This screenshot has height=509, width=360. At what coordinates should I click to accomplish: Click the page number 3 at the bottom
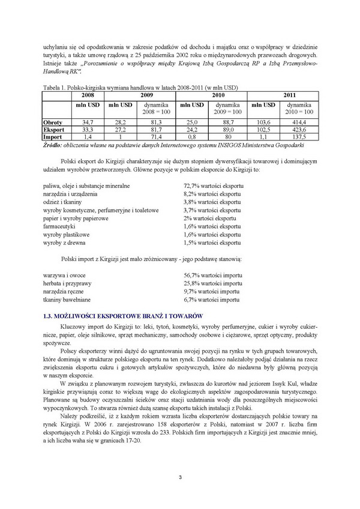[179, 477]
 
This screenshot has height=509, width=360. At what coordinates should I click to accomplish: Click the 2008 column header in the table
[88, 94]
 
